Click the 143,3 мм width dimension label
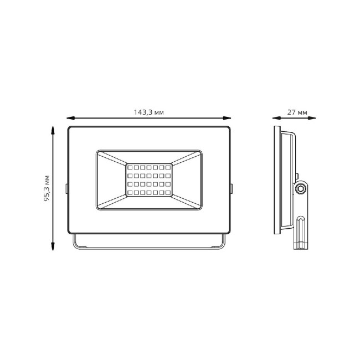click(x=148, y=112)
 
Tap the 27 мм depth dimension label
click(x=298, y=112)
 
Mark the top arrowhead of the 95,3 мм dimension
click(x=53, y=130)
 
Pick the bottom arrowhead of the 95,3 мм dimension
click(x=53, y=248)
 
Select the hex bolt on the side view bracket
click(x=301, y=189)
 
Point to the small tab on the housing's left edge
click(x=66, y=188)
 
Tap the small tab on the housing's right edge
click(x=231, y=188)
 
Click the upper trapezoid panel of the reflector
click(x=148, y=156)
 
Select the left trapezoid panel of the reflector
click(x=111, y=180)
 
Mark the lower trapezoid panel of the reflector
click(x=148, y=203)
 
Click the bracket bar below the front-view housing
click(x=148, y=246)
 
